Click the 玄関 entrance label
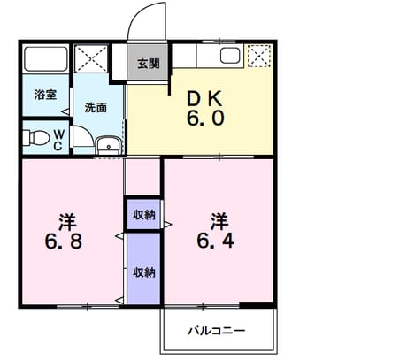click(x=149, y=64)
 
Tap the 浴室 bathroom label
click(x=45, y=95)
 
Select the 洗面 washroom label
click(x=96, y=108)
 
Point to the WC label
click(x=58, y=141)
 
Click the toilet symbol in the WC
click(x=36, y=138)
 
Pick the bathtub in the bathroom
click(x=46, y=58)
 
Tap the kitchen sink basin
click(x=230, y=56)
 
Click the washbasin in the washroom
click(x=109, y=146)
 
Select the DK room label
click(x=204, y=99)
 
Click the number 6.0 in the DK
click(x=205, y=119)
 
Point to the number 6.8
click(x=64, y=241)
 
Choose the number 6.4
click(x=215, y=241)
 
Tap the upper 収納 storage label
click(x=144, y=215)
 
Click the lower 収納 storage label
click(x=144, y=272)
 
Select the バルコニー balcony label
click(x=217, y=331)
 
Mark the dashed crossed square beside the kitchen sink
click(x=259, y=56)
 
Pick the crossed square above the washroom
click(x=91, y=58)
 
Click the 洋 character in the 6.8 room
click(x=67, y=222)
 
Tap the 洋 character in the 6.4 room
click(x=219, y=222)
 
